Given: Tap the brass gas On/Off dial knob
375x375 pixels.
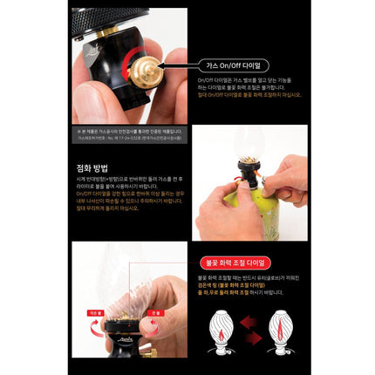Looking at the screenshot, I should click(151, 66).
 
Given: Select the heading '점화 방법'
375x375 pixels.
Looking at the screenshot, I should click(93, 160).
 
